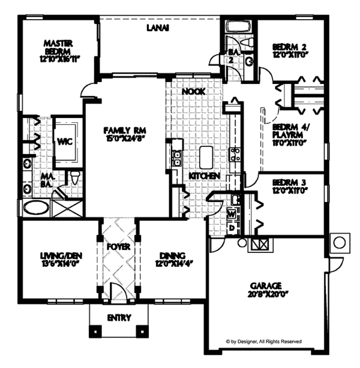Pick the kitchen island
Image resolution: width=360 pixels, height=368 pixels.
click(x=207, y=158)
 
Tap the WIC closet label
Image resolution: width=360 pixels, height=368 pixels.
click(x=64, y=143)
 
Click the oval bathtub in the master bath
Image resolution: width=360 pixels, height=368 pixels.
click(x=37, y=209)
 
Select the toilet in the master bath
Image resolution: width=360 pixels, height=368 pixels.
click(x=74, y=177)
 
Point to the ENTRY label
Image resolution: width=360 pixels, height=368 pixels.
click(x=119, y=318)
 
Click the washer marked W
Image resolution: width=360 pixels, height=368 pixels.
click(x=232, y=213)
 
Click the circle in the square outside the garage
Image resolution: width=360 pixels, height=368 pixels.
click(x=338, y=242)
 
